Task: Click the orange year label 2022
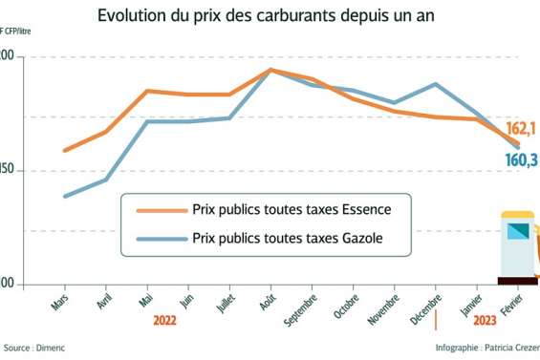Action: pos(166,322)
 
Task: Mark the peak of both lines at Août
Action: pos(270,70)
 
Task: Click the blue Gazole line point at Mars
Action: pos(64,197)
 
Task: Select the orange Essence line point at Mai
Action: pos(146,91)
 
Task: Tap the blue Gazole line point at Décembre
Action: pos(436,84)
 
